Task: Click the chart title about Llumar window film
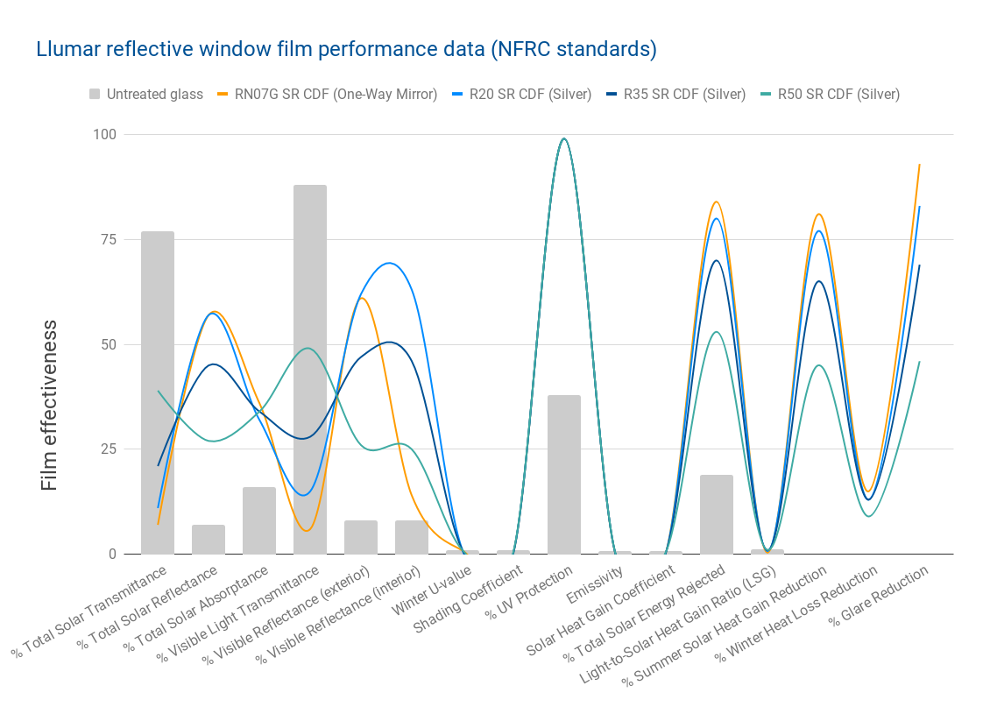tap(346, 49)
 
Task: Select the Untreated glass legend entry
tap(145, 94)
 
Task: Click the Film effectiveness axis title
tap(49, 405)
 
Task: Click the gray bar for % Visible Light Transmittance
tap(310, 369)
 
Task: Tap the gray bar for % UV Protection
tap(564, 474)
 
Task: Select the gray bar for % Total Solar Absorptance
tap(259, 520)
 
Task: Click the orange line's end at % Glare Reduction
tap(919, 165)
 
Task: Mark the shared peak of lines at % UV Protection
tap(564, 138)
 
